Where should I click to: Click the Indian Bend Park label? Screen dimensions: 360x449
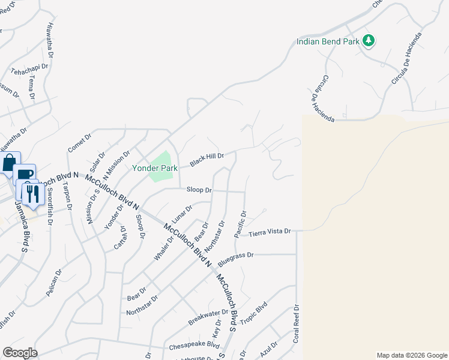[x=328, y=41]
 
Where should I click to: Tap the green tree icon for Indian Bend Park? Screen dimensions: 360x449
[x=369, y=41]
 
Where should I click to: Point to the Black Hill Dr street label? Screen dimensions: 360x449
[x=207, y=160]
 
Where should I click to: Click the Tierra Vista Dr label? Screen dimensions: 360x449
[x=269, y=231]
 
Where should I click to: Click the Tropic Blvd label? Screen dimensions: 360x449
[x=253, y=317]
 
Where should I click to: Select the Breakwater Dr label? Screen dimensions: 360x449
[x=208, y=316]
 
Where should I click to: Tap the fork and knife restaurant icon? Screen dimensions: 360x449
[x=31, y=193]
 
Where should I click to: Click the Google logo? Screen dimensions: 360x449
[x=19, y=353]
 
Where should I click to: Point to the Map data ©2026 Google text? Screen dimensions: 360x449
[x=411, y=355]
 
